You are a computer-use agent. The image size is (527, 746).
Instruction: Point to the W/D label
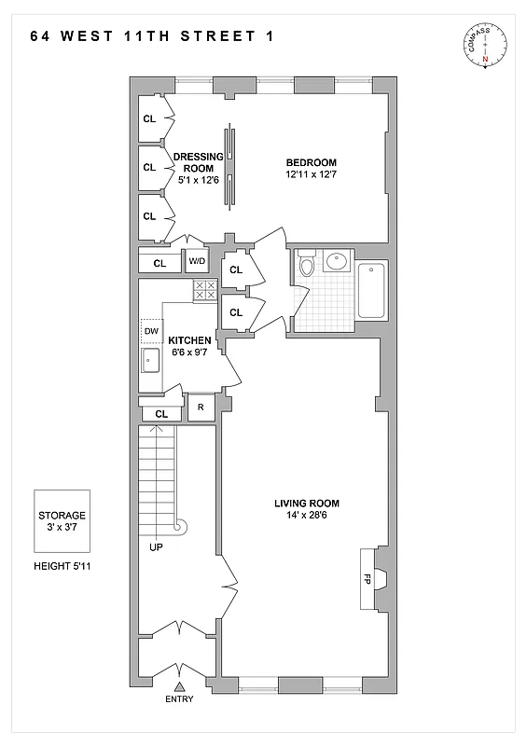pyautogui.click(x=199, y=262)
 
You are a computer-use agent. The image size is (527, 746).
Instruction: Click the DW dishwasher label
pyautogui.click(x=150, y=331)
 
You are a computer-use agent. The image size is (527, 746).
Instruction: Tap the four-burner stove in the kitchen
pyautogui.click(x=204, y=290)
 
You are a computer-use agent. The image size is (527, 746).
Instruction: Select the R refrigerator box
pyautogui.click(x=201, y=408)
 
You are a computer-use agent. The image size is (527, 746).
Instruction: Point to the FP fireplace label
pyautogui.click(x=368, y=578)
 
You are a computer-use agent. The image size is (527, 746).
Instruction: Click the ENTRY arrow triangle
pyautogui.click(x=179, y=687)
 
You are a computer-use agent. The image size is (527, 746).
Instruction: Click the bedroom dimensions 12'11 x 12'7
pyautogui.click(x=312, y=173)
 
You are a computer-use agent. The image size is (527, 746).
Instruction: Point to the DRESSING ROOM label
pyautogui.click(x=198, y=162)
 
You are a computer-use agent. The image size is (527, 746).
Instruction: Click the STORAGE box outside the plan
pyautogui.click(x=62, y=520)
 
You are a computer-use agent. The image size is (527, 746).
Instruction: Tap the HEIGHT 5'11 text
pyautogui.click(x=62, y=566)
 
